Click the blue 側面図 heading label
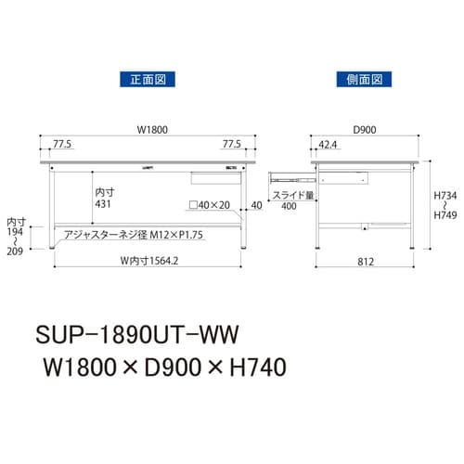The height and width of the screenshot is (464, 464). tap(358, 82)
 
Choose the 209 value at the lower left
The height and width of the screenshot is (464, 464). tap(13, 251)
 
